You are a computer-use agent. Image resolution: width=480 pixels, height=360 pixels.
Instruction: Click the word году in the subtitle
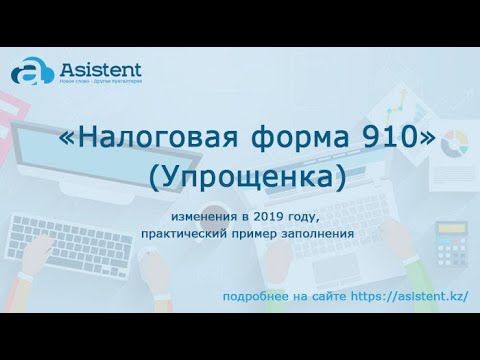coord(304,218)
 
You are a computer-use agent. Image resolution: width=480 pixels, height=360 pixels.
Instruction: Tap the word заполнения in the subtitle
coord(319,234)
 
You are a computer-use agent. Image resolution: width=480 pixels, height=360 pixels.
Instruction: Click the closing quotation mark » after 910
coord(427,142)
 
